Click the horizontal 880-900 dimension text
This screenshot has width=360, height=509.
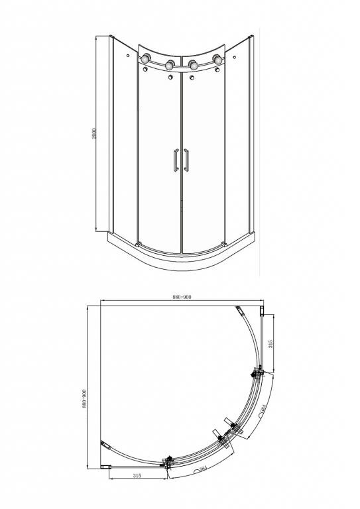(x=181, y=298)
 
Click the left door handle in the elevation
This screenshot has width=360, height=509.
(x=175, y=161)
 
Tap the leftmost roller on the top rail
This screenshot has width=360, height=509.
(x=145, y=64)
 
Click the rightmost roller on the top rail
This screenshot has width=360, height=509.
(x=217, y=64)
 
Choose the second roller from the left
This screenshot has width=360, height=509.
(x=170, y=65)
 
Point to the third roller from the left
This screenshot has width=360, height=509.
(x=193, y=65)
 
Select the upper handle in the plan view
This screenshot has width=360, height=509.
(x=229, y=422)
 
